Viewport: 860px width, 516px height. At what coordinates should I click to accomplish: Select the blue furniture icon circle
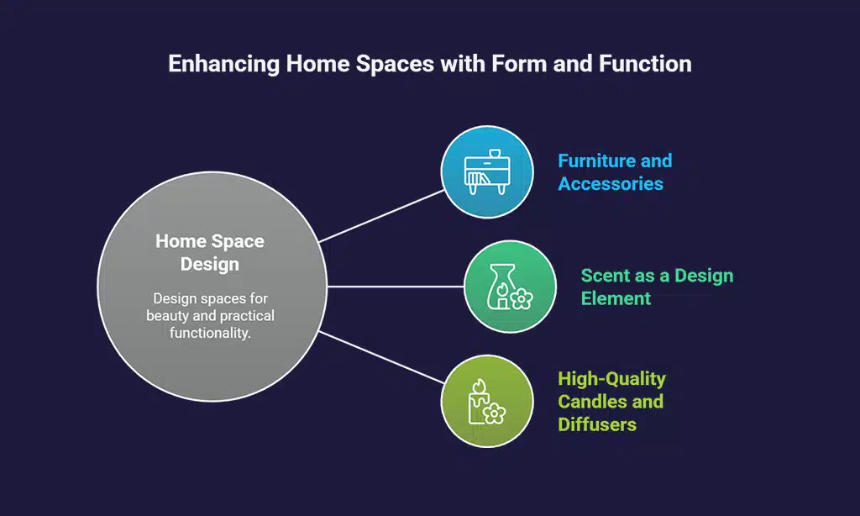(x=487, y=171)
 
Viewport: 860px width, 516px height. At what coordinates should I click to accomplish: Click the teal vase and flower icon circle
(x=510, y=286)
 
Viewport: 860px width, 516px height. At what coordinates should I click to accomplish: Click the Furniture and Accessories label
(x=615, y=172)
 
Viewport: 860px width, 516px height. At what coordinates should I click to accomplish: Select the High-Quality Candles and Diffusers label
(x=611, y=402)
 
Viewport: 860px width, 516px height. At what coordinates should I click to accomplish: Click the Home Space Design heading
(x=210, y=253)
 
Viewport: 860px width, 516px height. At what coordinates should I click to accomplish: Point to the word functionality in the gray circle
(x=210, y=332)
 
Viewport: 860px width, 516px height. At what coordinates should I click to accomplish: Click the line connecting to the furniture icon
(x=382, y=215)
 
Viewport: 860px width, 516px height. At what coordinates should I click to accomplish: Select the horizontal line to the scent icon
(x=395, y=286)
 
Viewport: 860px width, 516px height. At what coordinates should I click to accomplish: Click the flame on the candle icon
(x=480, y=386)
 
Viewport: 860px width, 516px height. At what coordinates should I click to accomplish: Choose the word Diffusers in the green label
(x=597, y=424)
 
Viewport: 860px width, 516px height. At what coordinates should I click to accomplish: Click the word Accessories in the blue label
(x=611, y=184)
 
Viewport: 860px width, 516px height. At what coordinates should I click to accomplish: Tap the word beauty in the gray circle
(x=168, y=315)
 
